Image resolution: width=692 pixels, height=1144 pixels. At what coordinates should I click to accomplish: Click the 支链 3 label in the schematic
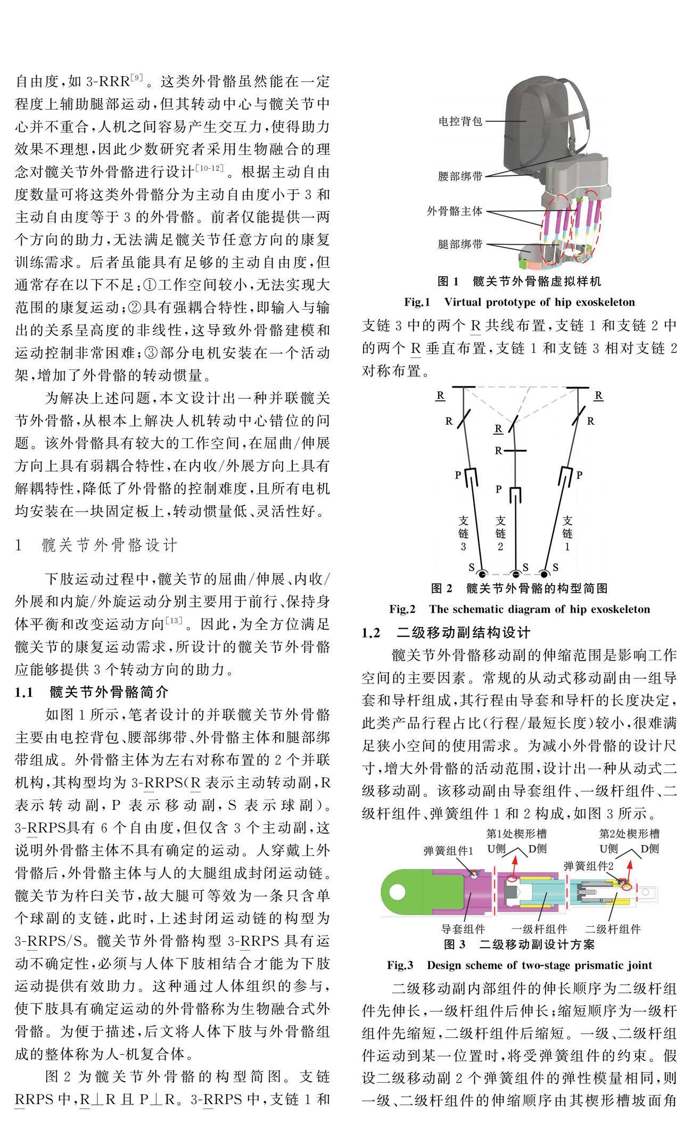[463, 532]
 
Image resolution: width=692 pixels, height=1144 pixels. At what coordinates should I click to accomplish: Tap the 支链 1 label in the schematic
[567, 532]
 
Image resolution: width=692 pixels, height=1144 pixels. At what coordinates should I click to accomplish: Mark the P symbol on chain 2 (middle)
[498, 489]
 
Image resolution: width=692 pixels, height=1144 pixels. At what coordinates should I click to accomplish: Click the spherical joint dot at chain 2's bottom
[515, 573]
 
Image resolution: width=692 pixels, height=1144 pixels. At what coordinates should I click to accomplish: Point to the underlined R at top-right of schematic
[598, 396]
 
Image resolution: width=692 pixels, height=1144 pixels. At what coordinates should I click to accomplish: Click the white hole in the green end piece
[397, 890]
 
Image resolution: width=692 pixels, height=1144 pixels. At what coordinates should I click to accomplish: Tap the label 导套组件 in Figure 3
[463, 929]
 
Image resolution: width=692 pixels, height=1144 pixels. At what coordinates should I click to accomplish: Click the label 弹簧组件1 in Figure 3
[448, 850]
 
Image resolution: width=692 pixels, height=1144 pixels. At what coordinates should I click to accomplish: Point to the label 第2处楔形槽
[629, 833]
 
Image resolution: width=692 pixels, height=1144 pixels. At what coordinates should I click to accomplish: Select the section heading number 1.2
[371, 632]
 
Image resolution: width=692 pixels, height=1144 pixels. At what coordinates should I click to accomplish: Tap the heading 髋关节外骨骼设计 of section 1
[109, 545]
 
